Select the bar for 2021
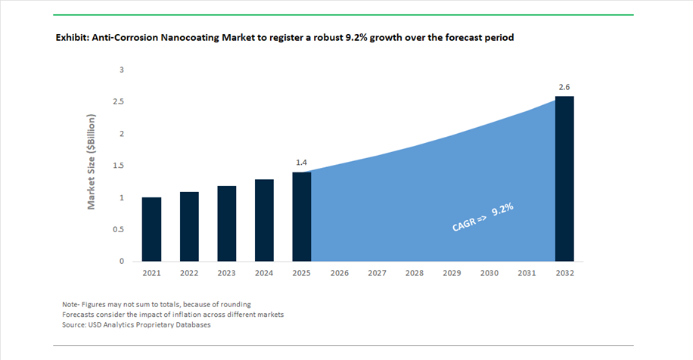151,229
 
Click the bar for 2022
189,227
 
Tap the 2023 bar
227,224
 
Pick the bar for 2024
264,220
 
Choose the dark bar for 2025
302,217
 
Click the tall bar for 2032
565,179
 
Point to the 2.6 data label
564,87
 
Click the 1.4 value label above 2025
301,163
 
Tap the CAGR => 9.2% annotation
483,217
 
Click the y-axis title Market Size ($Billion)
91,162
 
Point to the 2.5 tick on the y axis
119,101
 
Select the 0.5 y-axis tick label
119,230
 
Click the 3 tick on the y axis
122,70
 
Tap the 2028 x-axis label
415,273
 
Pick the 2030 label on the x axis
489,273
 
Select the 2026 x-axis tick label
340,273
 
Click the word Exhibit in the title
72,38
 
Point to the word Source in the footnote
74,324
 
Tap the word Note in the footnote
70,304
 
